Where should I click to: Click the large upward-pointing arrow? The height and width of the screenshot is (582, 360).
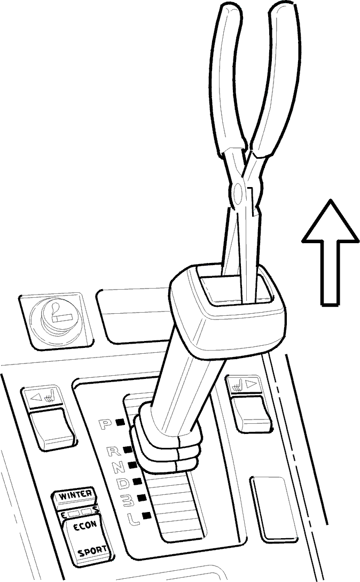tap(330, 252)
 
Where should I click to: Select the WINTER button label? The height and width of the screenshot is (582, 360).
tap(76, 495)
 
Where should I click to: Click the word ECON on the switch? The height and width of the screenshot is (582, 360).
tap(84, 525)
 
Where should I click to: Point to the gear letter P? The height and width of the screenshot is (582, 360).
tap(105, 424)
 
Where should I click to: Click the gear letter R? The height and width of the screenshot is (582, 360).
tap(114, 452)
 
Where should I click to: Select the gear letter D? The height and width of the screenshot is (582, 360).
tap(124, 483)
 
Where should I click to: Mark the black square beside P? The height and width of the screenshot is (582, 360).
tap(120, 422)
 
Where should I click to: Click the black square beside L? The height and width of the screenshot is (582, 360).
tap(146, 515)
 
